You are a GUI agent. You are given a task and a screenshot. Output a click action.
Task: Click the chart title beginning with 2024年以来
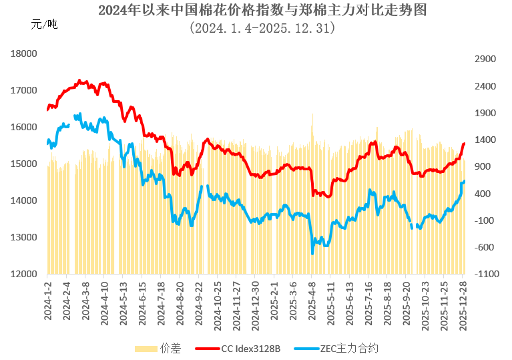point(262,11)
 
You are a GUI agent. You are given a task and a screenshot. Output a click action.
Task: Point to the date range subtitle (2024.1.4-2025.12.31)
point(262,29)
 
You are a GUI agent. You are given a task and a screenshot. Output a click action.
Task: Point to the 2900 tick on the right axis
point(485,59)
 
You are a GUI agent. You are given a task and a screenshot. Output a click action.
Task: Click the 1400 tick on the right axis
point(485,140)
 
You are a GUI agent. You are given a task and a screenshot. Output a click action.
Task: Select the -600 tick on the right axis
point(485,247)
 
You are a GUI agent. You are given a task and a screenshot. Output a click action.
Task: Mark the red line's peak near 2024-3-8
point(79,81)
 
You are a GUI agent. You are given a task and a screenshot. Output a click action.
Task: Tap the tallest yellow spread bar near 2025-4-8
point(312,115)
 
